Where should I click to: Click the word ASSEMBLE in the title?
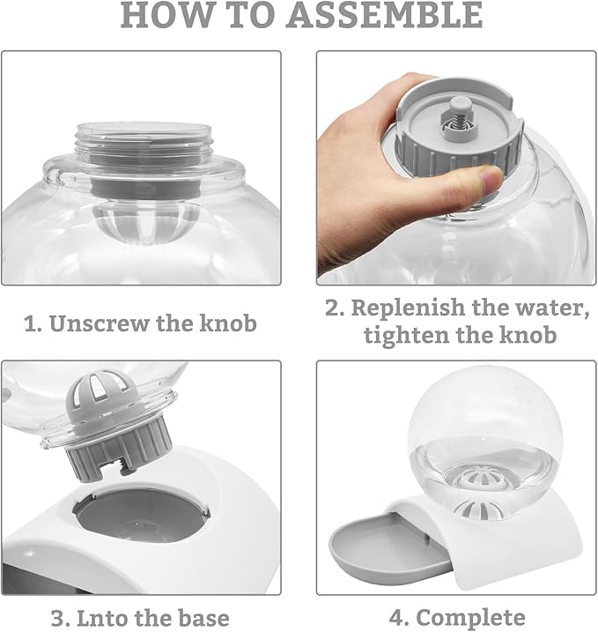click(x=386, y=15)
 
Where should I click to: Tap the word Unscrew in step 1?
click(x=99, y=323)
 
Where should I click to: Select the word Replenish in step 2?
click(x=408, y=308)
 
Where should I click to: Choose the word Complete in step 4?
click(x=470, y=618)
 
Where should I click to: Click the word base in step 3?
click(x=203, y=618)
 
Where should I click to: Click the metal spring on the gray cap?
click(x=458, y=120)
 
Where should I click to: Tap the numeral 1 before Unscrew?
click(x=33, y=324)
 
